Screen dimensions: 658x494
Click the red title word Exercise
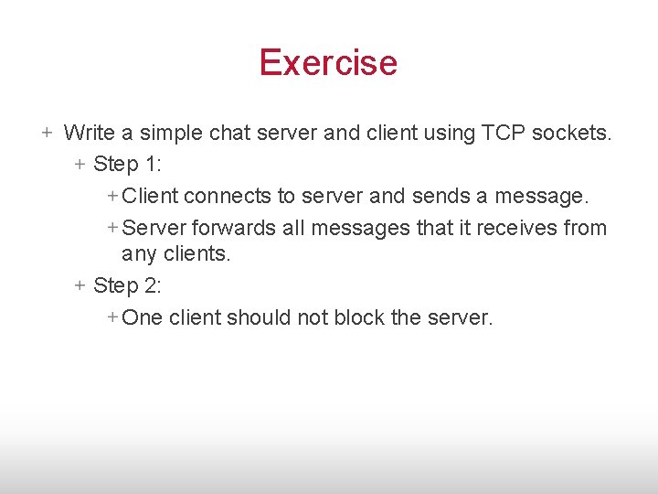328,62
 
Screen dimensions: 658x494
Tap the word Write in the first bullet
90,134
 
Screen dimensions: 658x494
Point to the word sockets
575,134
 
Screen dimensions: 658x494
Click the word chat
229,134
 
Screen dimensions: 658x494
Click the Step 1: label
127,165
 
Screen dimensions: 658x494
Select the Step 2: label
127,285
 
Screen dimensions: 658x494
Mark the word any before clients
139,255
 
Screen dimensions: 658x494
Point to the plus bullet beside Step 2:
80,285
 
